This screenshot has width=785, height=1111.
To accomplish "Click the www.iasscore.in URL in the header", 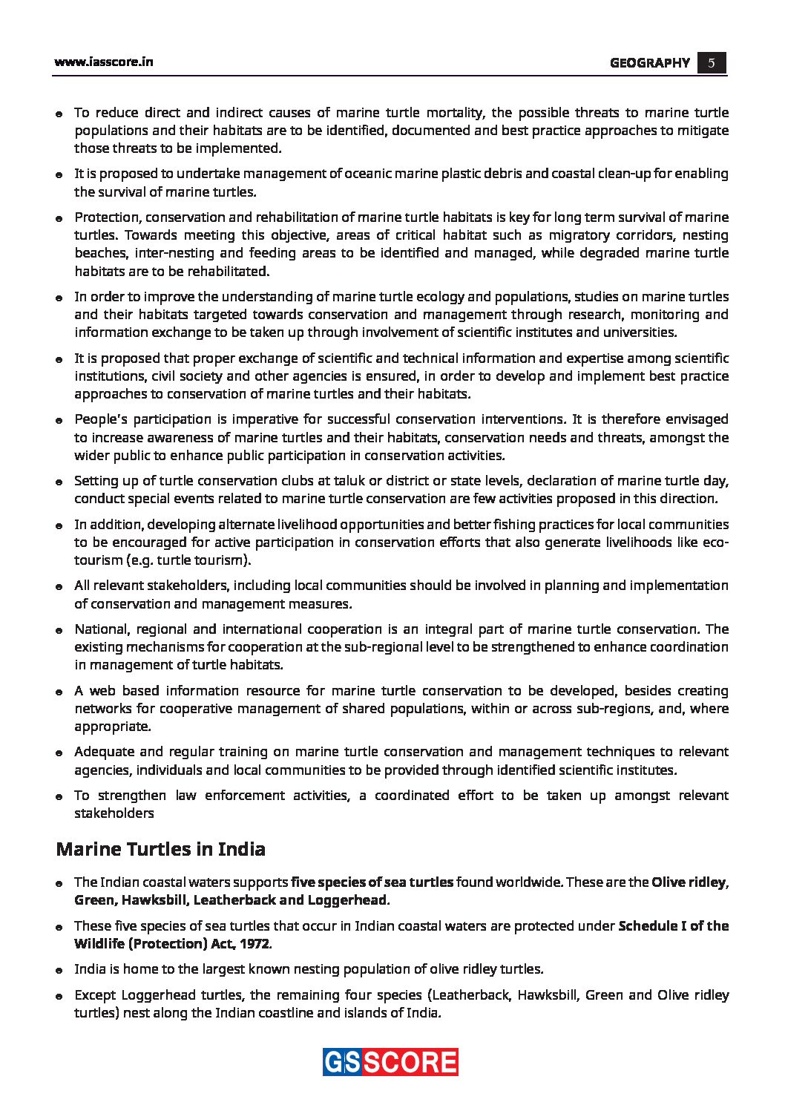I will pyautogui.click(x=103, y=62).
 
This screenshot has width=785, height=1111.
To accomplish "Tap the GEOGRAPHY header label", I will pyautogui.click(x=649, y=63).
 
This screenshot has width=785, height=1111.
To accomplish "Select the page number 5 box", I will pyautogui.click(x=711, y=63).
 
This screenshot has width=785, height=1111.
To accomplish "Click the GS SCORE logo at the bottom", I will pyautogui.click(x=390, y=1062).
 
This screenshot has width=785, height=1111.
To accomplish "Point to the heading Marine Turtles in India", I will pyautogui.click(x=160, y=849).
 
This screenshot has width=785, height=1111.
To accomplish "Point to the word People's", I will pyautogui.click(x=101, y=419).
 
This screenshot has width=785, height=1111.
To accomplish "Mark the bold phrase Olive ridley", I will pyautogui.click(x=688, y=882).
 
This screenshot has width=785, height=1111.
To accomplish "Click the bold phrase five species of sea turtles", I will pyautogui.click(x=372, y=882).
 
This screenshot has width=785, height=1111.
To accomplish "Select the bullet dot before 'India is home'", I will pyautogui.click(x=58, y=971).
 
